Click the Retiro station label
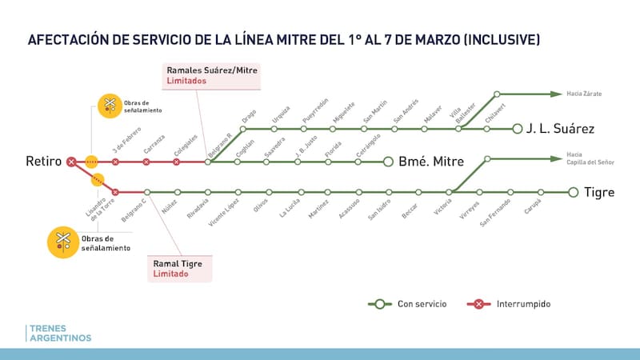point(43,162)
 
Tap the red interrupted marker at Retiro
point(71,162)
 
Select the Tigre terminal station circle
point(573,192)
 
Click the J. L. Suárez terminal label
point(559,128)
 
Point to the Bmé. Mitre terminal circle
point(389,162)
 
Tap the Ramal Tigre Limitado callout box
point(182,267)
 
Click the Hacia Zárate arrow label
point(583,94)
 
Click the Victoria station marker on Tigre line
point(450,192)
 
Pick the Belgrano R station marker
point(208,162)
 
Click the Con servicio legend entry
point(407,304)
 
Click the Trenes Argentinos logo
point(59,334)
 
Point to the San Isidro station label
point(378,210)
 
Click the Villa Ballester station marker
point(458,128)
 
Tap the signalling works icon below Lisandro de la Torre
point(62,242)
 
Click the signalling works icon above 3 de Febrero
point(109,105)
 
